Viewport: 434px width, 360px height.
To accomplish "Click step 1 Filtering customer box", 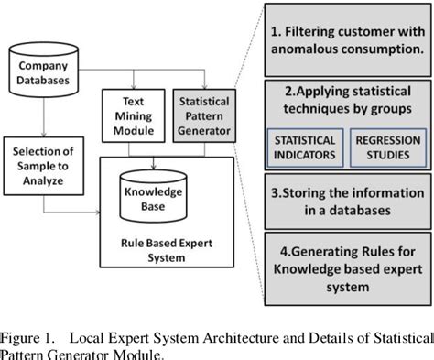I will tap(347, 42).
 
